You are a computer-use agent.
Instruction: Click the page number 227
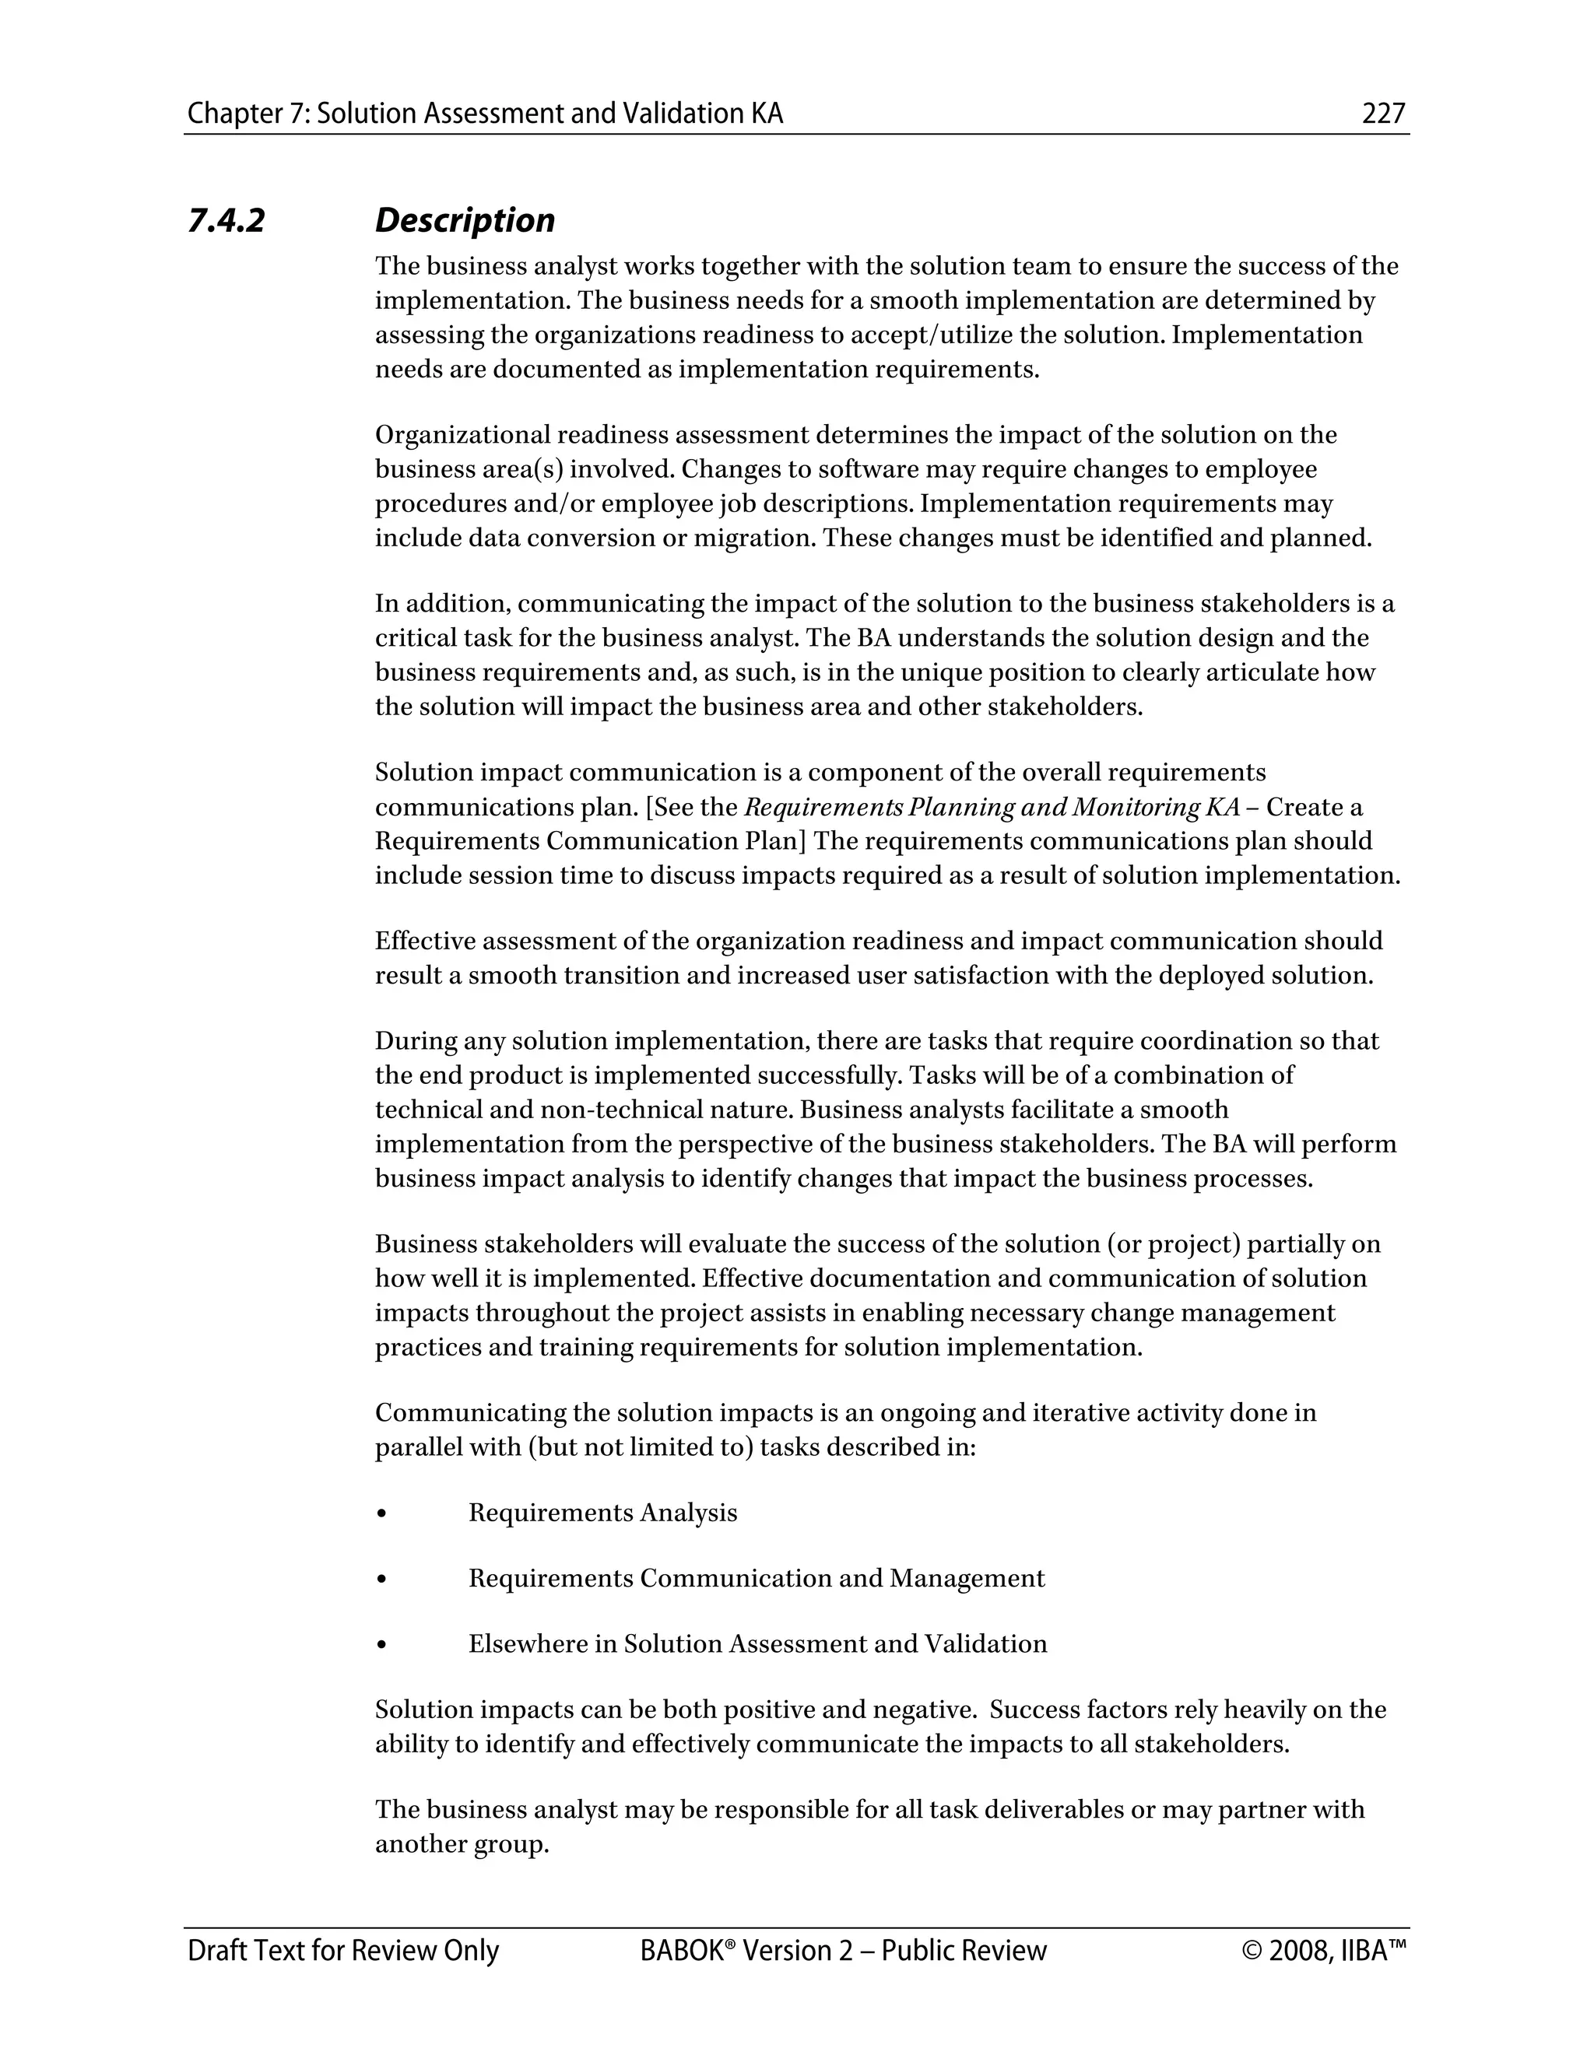[1383, 114]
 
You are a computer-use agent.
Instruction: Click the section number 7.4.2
[226, 221]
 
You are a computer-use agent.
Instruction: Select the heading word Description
[465, 221]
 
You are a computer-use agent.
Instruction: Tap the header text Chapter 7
[248, 114]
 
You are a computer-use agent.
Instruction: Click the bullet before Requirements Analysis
[381, 1513]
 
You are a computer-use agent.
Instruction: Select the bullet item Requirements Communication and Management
[756, 1579]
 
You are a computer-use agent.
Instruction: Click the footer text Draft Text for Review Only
[342, 1951]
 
